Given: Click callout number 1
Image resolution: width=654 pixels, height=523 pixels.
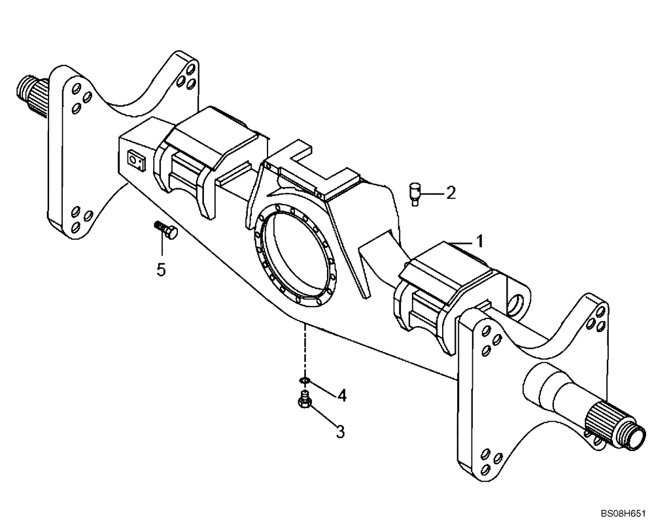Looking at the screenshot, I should coord(479,241).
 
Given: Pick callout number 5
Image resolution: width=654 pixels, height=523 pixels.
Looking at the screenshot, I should coord(162,268).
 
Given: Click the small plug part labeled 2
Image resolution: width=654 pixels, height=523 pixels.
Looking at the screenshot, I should coord(415,194).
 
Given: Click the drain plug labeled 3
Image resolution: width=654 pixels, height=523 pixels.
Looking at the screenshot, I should coord(303,399).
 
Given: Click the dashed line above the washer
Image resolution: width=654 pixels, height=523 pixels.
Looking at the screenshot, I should coord(303,350).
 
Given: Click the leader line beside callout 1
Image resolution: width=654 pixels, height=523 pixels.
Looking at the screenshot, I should coord(460,243).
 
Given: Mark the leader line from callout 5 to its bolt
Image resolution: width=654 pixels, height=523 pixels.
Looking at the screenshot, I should coord(162,247).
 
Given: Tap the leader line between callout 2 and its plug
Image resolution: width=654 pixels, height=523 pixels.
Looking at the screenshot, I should coord(431,192).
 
